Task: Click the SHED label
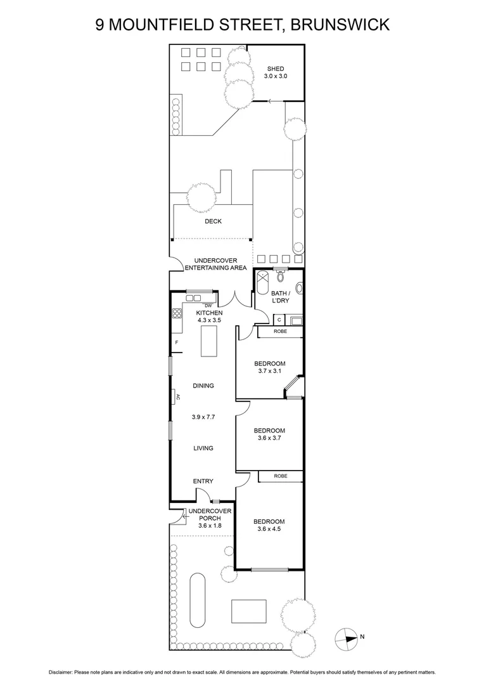pyautogui.click(x=276, y=68)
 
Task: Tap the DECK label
pyautogui.click(x=213, y=221)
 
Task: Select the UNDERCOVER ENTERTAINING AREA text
pyautogui.click(x=212, y=264)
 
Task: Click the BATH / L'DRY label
pyautogui.click(x=280, y=297)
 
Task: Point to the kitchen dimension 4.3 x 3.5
pyautogui.click(x=208, y=321)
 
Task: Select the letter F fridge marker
pyautogui.click(x=177, y=343)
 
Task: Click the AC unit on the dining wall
pyautogui.click(x=177, y=397)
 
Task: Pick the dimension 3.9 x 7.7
pyautogui.click(x=203, y=417)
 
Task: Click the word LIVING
pyautogui.click(x=203, y=448)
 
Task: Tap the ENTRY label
pyautogui.click(x=203, y=481)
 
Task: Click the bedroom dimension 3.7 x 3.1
pyautogui.click(x=270, y=370)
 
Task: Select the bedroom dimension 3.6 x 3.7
pyautogui.click(x=270, y=438)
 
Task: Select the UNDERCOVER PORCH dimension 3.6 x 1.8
pyautogui.click(x=207, y=525)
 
